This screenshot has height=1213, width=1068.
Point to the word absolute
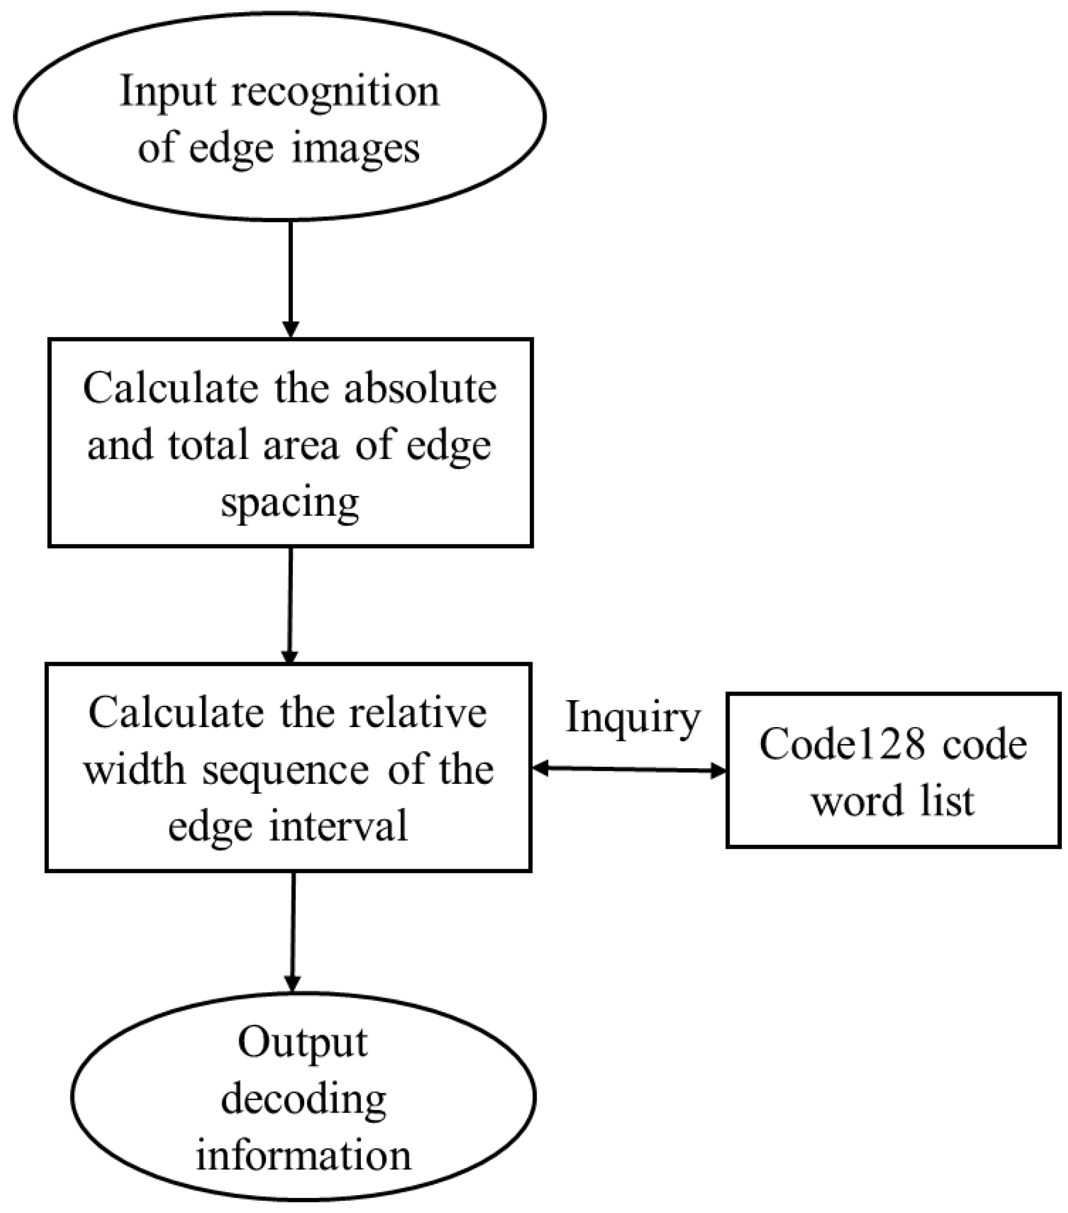[420, 389]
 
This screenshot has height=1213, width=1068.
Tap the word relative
[418, 712]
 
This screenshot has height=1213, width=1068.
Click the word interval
[339, 826]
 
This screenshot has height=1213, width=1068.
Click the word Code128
[842, 743]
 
